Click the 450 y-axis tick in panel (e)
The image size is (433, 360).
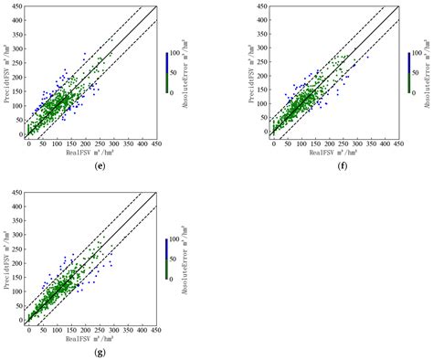click(x=17, y=7)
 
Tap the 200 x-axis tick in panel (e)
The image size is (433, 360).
click(x=85, y=143)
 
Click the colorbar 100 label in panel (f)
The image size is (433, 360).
click(x=417, y=53)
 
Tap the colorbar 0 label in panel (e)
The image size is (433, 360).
click(x=174, y=93)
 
